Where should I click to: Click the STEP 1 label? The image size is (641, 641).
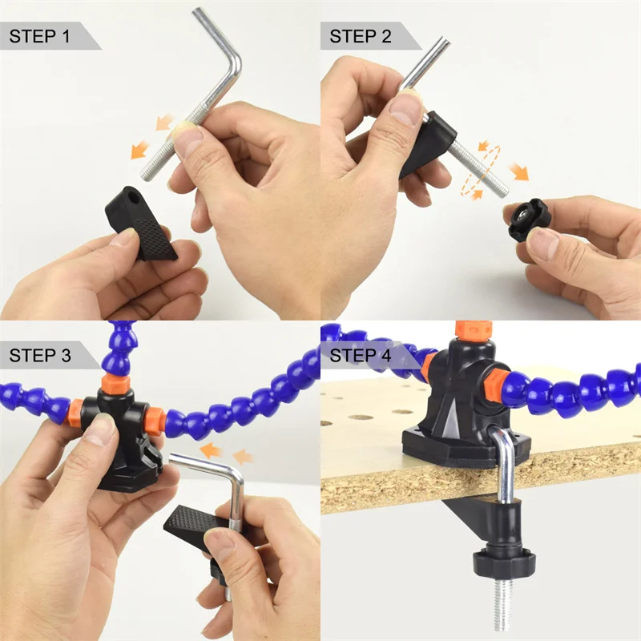39,36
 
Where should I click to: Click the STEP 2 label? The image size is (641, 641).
360,36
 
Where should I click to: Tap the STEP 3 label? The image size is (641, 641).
40,355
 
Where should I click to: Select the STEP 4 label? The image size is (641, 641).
360,355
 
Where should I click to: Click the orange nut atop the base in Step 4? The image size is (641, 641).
474,330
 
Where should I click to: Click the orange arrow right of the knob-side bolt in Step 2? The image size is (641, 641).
518,171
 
